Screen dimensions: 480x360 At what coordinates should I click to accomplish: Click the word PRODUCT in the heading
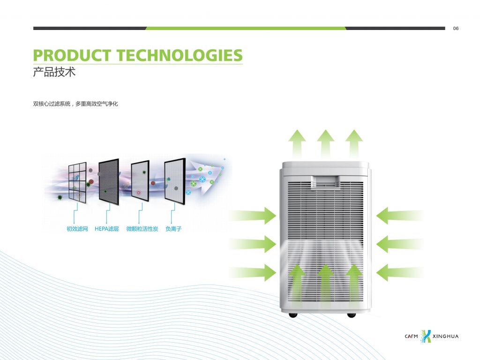pyautogui.click(x=72, y=55)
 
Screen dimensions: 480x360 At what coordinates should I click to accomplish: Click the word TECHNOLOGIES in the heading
pyautogui.click(x=180, y=55)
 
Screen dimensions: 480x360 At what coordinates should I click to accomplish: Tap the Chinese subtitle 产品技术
pyautogui.click(x=54, y=72)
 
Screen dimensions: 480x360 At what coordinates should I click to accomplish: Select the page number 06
pyautogui.click(x=456, y=29)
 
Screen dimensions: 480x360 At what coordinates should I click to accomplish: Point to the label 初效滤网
pyautogui.click(x=77, y=229)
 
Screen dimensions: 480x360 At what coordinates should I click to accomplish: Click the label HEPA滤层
pyautogui.click(x=106, y=229)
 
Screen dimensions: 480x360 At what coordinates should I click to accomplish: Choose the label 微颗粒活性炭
pyautogui.click(x=142, y=229)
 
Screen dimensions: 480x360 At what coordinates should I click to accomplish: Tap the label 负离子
pyautogui.click(x=173, y=229)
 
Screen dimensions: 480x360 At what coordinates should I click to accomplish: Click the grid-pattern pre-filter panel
pyautogui.click(x=77, y=182)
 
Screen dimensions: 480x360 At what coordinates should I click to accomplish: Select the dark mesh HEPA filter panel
pyautogui.click(x=109, y=182)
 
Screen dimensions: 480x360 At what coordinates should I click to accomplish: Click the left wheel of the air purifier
pyautogui.click(x=293, y=315)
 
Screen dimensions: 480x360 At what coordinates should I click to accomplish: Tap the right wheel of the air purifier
pyautogui.click(x=351, y=315)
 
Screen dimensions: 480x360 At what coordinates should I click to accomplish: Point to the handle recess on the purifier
pyautogui.click(x=325, y=181)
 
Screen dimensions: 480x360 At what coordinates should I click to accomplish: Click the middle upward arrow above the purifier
pyautogui.click(x=325, y=143)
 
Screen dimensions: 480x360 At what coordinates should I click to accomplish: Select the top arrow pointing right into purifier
pyautogui.click(x=253, y=216)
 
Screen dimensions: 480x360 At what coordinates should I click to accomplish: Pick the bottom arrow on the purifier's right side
pyautogui.click(x=400, y=272)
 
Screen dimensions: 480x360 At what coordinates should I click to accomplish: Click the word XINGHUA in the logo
pyautogui.click(x=446, y=336)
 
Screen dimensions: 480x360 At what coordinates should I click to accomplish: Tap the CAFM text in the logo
pyautogui.click(x=411, y=336)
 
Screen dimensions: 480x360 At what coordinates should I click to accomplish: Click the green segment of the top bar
pyautogui.click(x=246, y=29)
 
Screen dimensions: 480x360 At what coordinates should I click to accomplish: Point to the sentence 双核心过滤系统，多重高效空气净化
pyautogui.click(x=75, y=104)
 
